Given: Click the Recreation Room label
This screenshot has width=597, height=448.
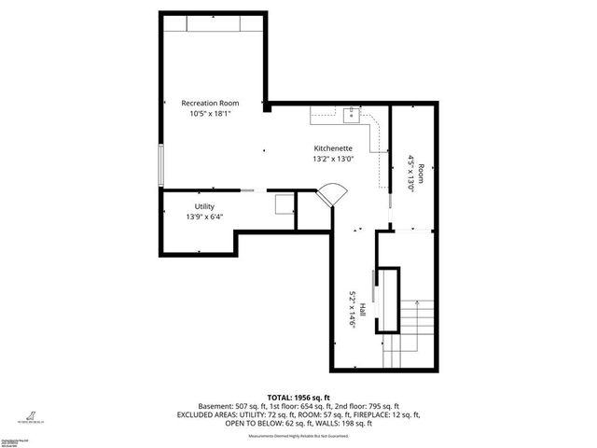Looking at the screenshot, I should pos(210,103).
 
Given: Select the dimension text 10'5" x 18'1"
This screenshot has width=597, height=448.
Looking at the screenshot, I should pos(210,113).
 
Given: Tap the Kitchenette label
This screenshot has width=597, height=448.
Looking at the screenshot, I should pos(332,148).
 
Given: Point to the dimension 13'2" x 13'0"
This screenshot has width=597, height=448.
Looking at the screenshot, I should pos(332,159).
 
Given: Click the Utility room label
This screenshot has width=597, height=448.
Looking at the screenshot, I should pos(204,206).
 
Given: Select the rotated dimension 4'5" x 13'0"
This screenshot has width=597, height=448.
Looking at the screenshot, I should pos(410,174).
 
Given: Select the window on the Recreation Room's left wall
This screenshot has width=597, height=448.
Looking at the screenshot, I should pos(162,166).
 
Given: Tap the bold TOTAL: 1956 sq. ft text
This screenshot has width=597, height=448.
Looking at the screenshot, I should pos(298,396).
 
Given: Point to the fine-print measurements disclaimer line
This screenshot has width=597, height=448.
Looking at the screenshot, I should pos(298,436).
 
